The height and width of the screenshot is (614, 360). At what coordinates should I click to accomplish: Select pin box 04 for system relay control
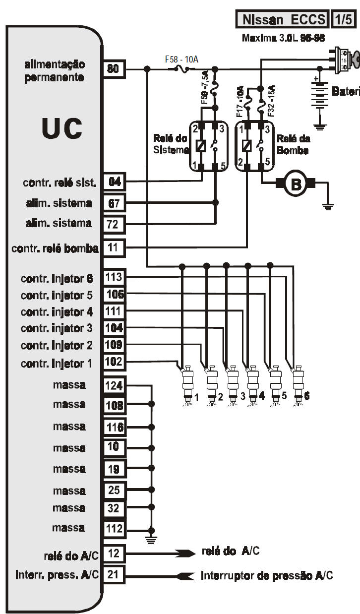click(114, 182)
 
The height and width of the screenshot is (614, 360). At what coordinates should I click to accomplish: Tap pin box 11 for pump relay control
click(114, 247)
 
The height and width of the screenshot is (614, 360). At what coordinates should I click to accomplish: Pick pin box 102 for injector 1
click(114, 362)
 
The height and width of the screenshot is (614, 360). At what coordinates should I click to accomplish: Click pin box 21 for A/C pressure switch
click(114, 575)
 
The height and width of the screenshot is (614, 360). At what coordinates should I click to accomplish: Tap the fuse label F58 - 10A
click(181, 59)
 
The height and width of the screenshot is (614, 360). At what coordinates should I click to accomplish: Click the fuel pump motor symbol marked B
click(296, 184)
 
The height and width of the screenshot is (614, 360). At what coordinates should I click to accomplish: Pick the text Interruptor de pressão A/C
click(267, 576)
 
